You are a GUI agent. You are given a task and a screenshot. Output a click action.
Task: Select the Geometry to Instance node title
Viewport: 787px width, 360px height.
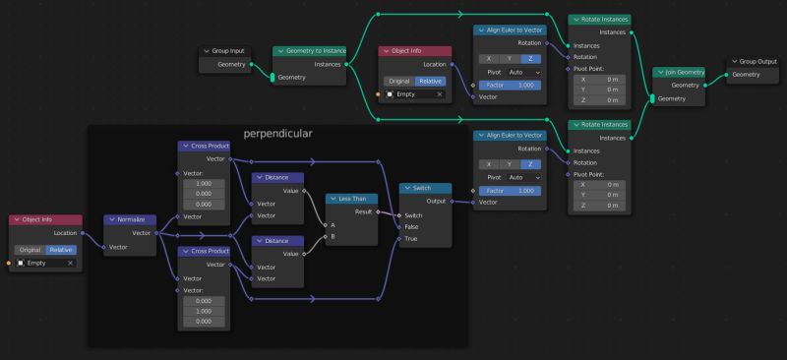(x=312, y=50)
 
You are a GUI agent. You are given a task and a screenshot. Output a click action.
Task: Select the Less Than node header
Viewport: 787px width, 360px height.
(x=352, y=198)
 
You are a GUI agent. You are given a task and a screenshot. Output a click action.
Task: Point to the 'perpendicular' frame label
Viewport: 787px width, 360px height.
(x=278, y=133)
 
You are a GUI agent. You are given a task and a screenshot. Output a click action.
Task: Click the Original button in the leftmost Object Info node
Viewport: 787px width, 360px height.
(x=29, y=249)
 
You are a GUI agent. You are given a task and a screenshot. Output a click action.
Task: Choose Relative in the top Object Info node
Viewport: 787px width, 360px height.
(x=430, y=80)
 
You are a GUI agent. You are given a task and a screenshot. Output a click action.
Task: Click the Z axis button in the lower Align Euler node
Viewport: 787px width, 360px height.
(x=531, y=176)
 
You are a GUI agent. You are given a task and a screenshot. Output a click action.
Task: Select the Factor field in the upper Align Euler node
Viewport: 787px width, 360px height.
(x=509, y=86)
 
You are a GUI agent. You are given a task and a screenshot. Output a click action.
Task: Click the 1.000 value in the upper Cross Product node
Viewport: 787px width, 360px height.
(x=204, y=184)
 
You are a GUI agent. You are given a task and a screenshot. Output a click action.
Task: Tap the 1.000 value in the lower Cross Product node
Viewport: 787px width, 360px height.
(x=204, y=311)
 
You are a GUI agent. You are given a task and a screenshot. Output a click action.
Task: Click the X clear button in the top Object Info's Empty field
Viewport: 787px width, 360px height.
(x=439, y=94)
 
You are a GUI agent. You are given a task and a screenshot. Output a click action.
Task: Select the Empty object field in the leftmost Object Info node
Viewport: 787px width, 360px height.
(x=40, y=263)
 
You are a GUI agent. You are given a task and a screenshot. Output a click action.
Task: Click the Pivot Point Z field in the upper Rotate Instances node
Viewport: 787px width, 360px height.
(x=599, y=99)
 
